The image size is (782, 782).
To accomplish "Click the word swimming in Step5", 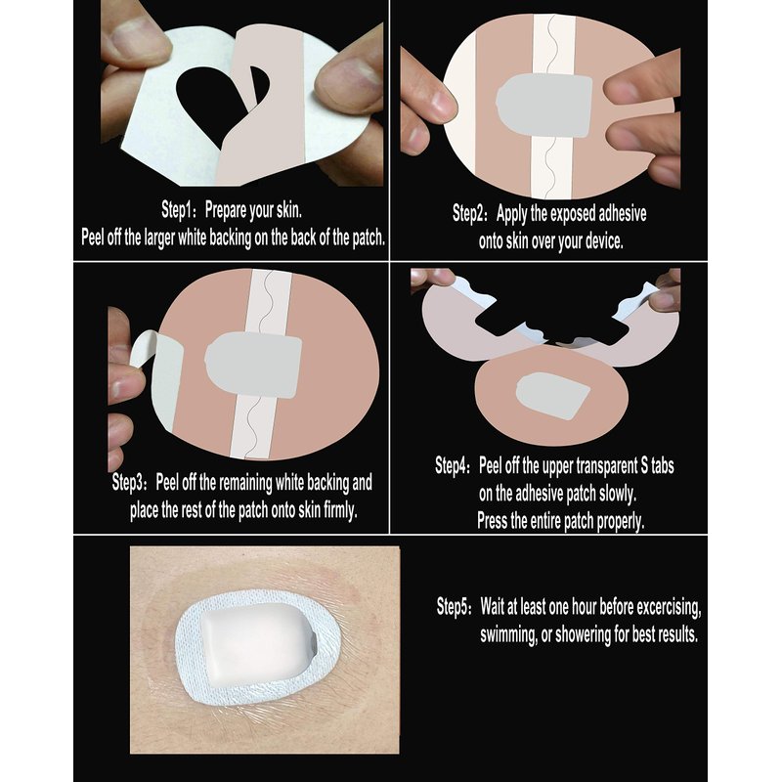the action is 508,635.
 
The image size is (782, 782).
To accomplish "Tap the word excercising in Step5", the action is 669,607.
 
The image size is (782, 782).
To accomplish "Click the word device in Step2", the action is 604,241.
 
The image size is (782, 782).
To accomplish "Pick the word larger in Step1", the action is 159,238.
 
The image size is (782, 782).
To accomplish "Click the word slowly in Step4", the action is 618,494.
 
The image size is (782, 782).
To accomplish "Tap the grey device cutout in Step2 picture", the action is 544,107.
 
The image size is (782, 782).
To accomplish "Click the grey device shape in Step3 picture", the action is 253,365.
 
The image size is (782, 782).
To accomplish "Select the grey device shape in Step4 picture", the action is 552,396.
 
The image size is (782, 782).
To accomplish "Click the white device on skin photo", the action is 258,645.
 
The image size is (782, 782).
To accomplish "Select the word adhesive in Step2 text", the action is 622,214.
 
